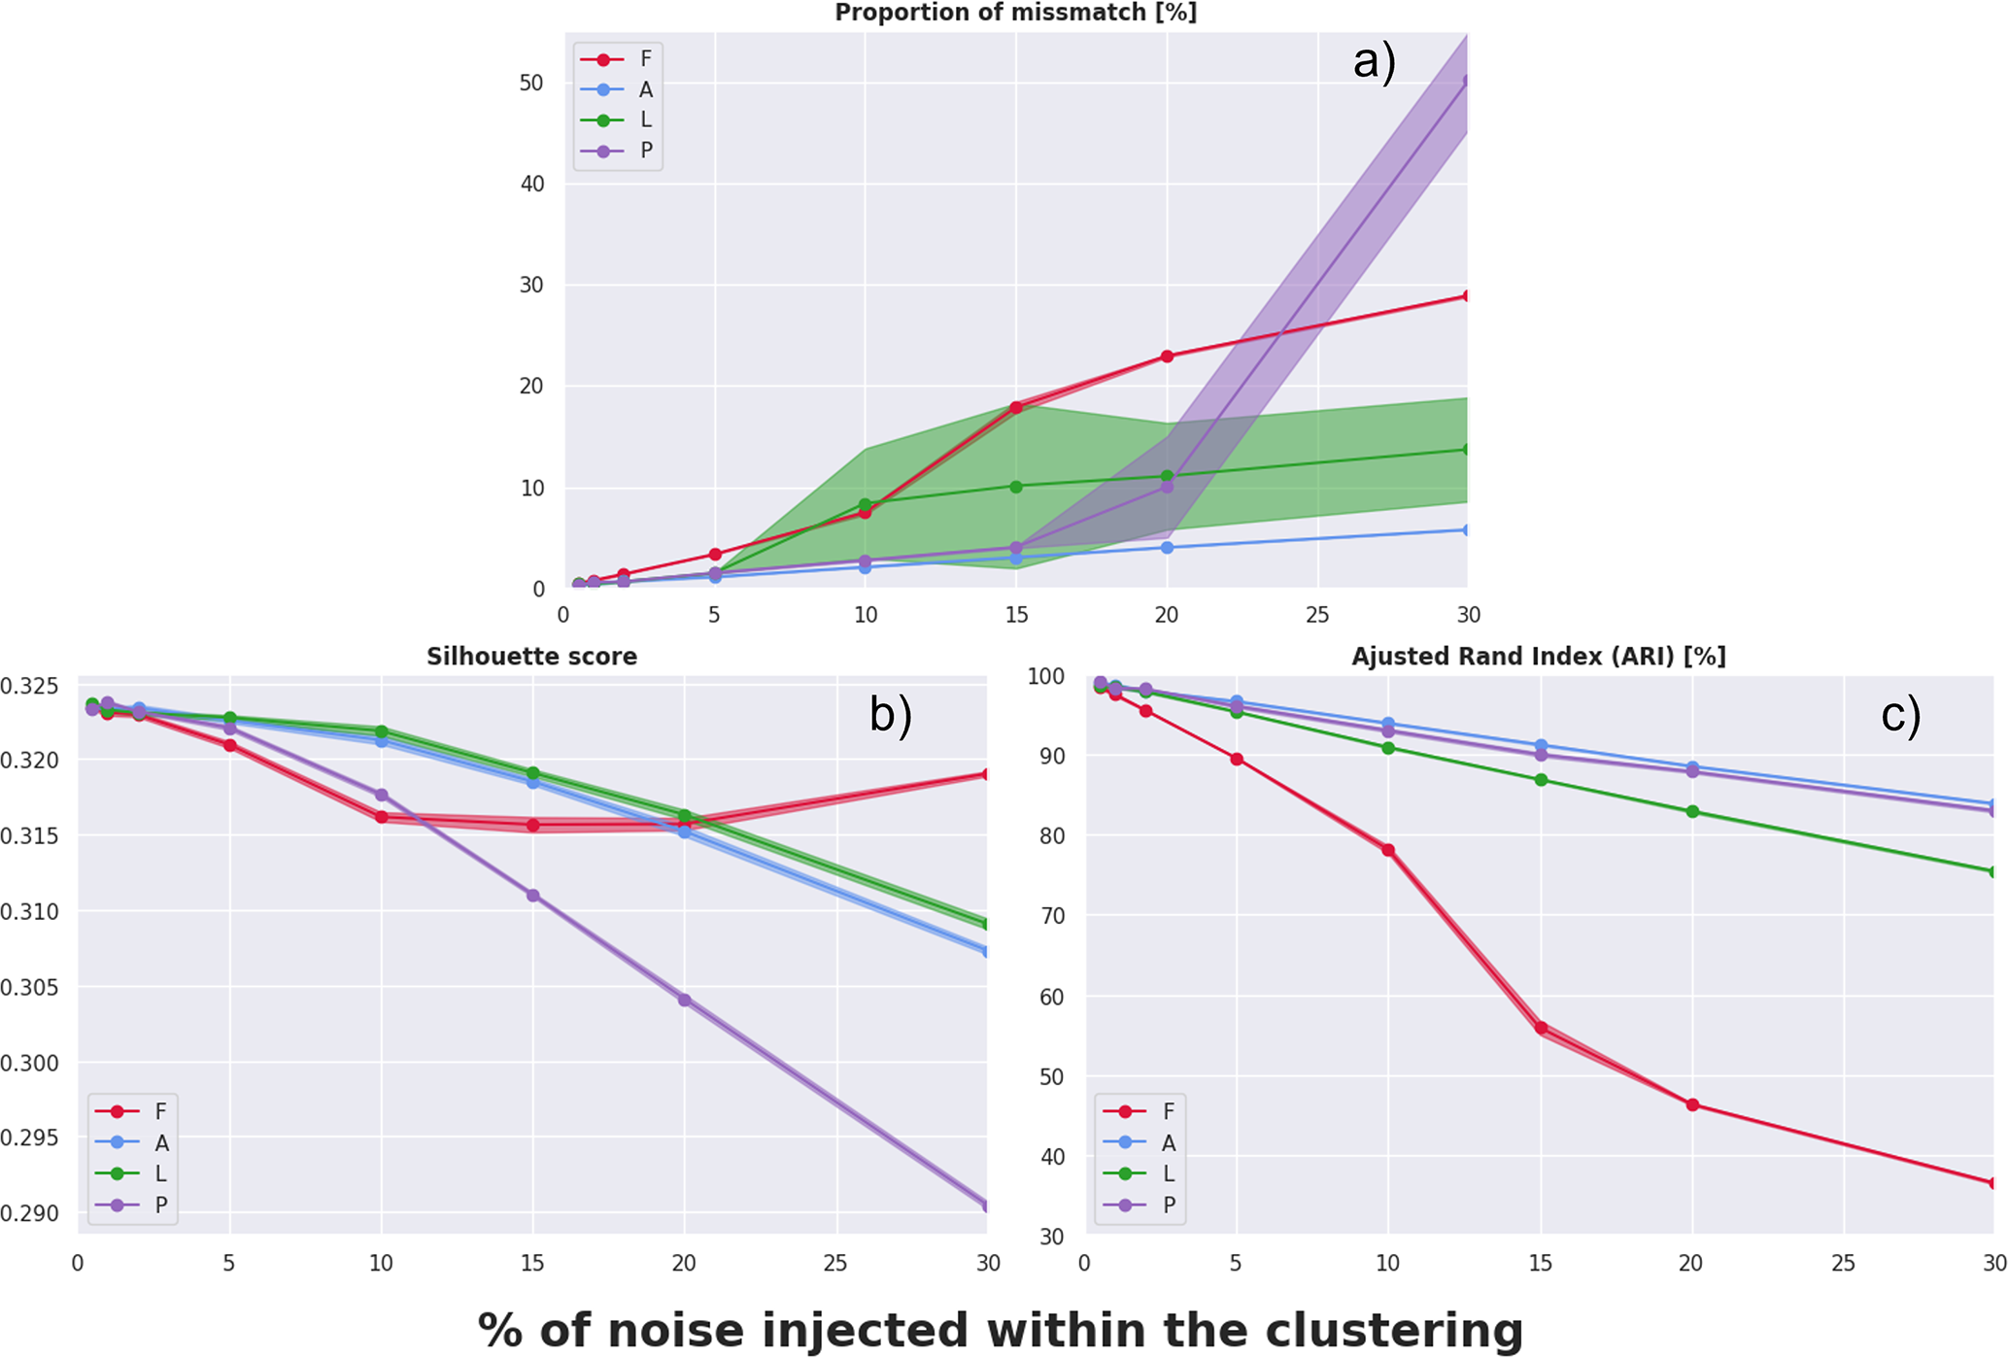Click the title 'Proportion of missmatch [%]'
(1015, 13)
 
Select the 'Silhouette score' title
(531, 657)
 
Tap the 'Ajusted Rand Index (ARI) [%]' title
(1538, 657)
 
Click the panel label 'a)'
(1374, 62)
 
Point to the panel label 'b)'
(890, 715)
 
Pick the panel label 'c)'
(1900, 715)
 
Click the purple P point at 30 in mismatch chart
(1465, 82)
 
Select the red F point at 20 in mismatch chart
(1167, 356)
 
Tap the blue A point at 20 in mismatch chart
(1167, 548)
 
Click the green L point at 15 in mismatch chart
(1016, 487)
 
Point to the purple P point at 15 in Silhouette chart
(532, 896)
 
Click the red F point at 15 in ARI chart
(1541, 1028)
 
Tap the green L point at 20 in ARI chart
(1692, 812)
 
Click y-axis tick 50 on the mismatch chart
(531, 83)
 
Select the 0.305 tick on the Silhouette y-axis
(29, 988)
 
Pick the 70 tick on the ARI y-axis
(1051, 916)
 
